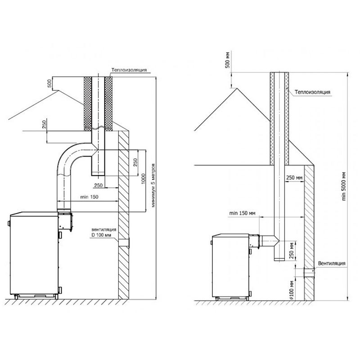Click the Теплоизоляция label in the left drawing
129,70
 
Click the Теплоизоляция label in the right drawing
312,92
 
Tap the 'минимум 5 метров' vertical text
153,185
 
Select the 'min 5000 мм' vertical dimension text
344,186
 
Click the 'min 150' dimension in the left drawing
89,197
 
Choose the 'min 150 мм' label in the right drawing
242,213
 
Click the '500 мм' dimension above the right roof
227,60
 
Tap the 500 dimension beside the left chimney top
49,83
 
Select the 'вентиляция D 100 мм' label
104,232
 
